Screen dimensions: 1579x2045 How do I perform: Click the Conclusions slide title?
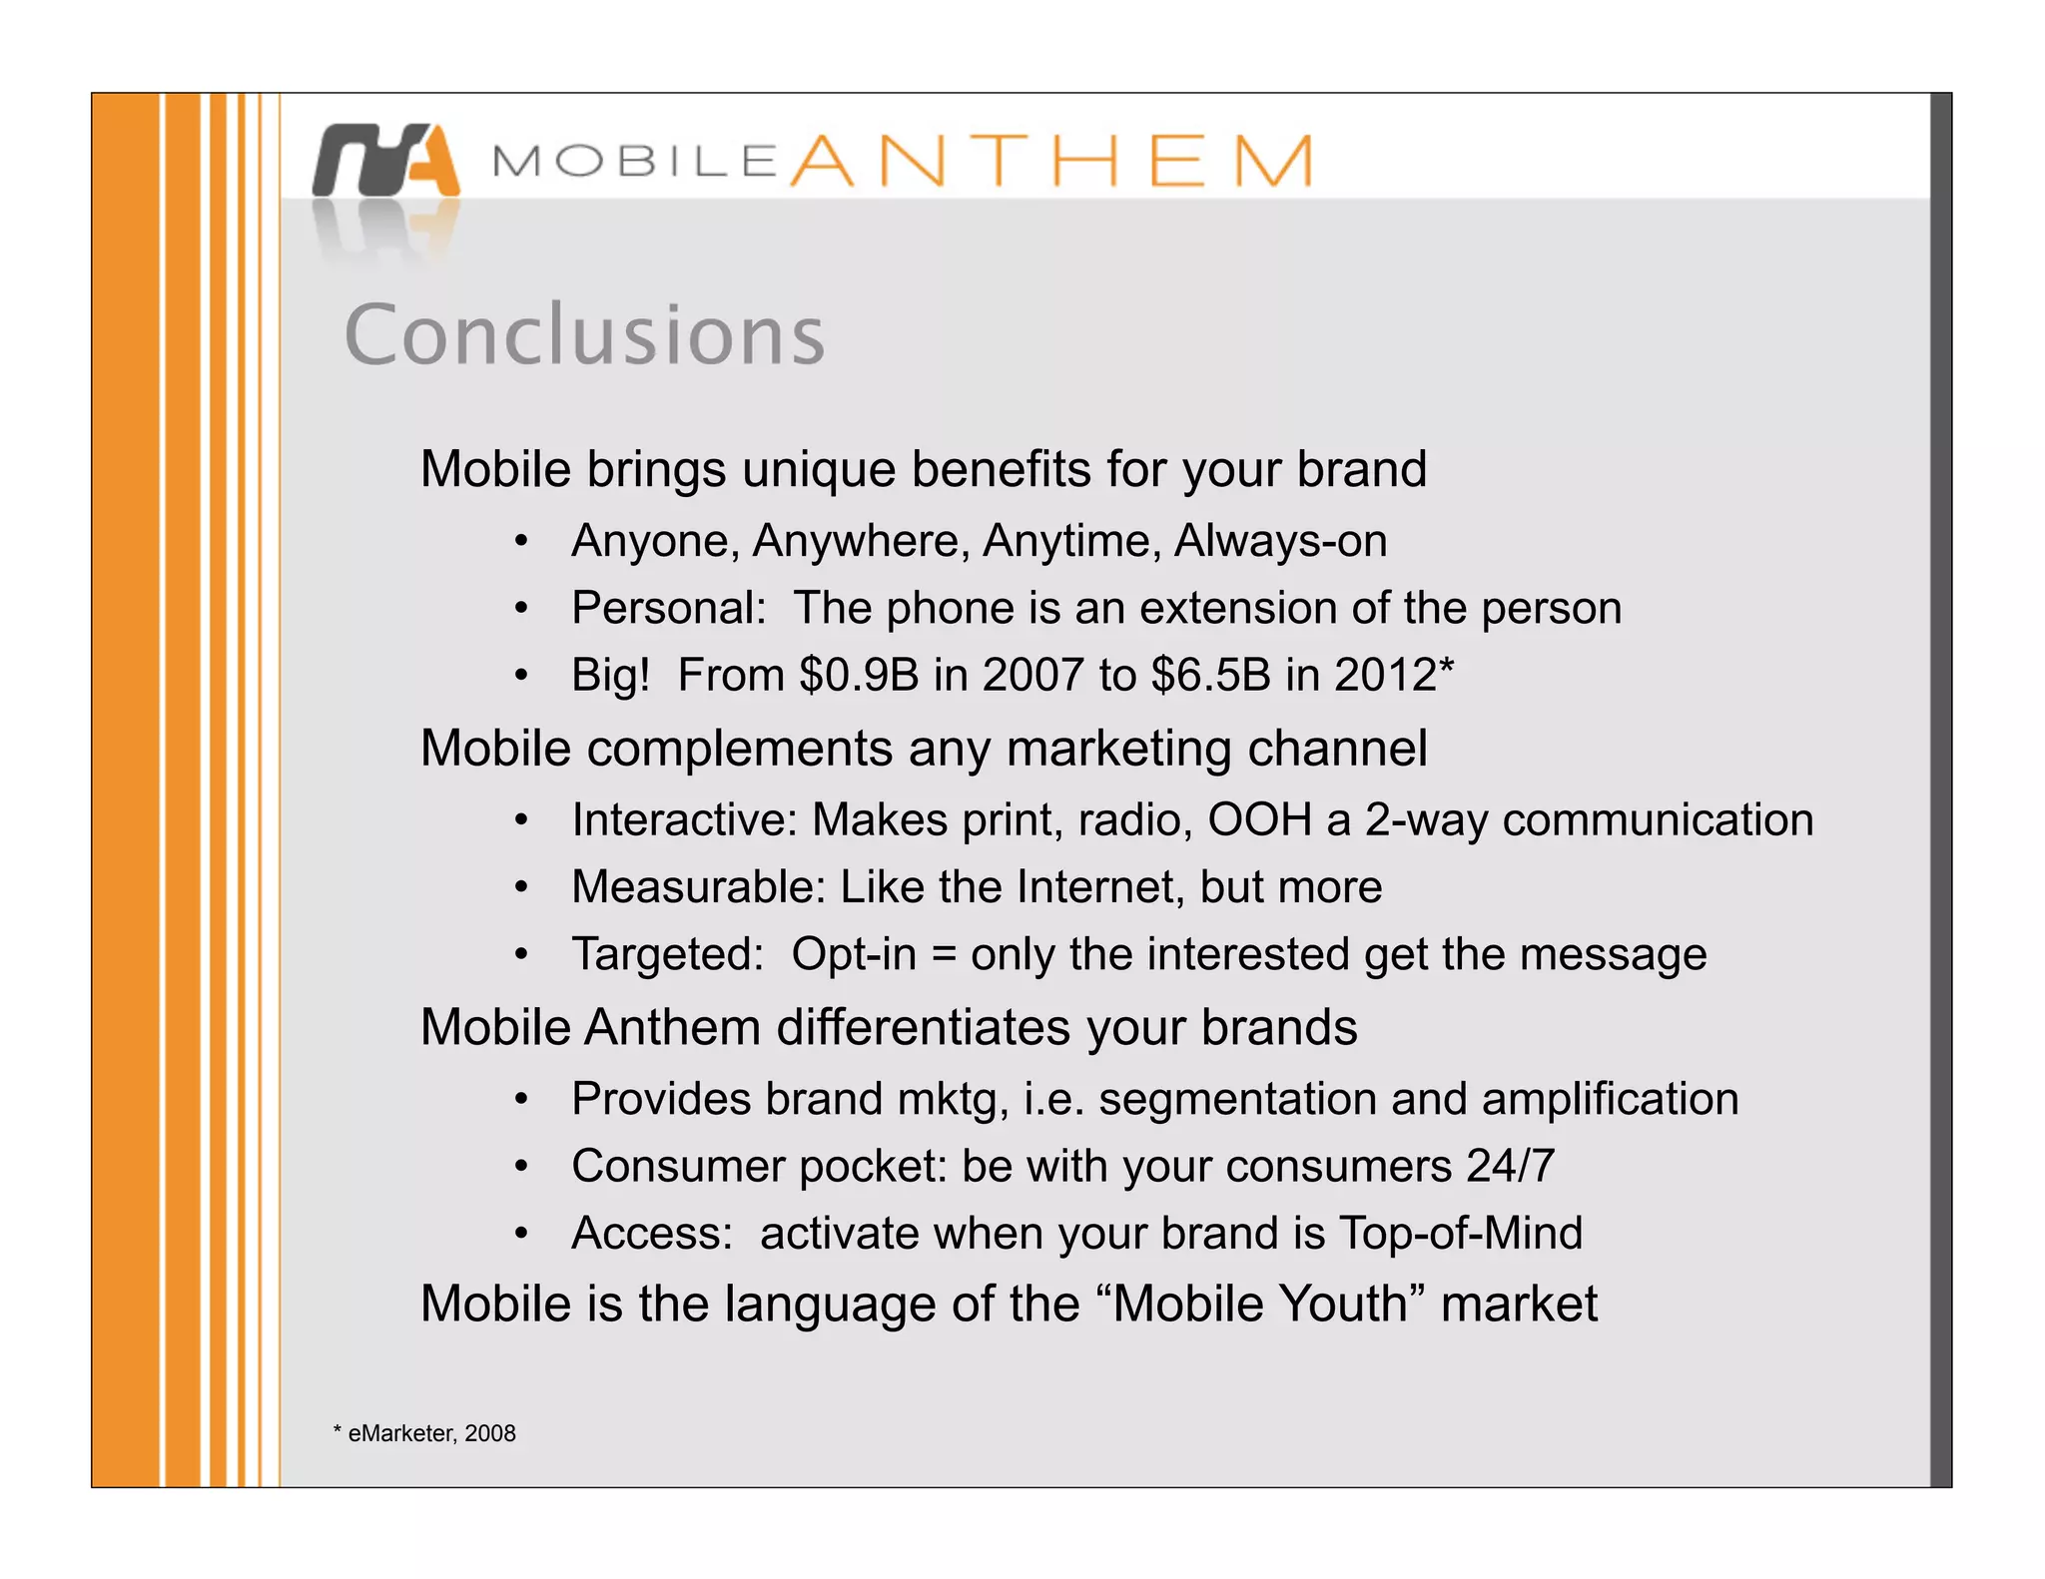tap(584, 334)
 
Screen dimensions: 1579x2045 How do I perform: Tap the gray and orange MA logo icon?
tap(386, 160)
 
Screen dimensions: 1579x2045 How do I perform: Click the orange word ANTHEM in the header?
tap(1051, 161)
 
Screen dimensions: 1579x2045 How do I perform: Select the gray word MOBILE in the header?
tap(635, 162)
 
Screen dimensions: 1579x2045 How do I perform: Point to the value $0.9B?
tap(858, 675)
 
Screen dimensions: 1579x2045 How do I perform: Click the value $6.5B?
tap(1210, 675)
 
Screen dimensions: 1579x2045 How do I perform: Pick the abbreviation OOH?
tap(1259, 820)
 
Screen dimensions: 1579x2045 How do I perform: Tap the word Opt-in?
tap(854, 954)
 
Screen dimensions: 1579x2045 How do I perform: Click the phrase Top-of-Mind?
tap(1460, 1234)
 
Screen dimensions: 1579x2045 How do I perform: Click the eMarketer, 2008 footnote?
tap(425, 1433)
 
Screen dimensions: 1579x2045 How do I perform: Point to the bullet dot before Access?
tap(520, 1235)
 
